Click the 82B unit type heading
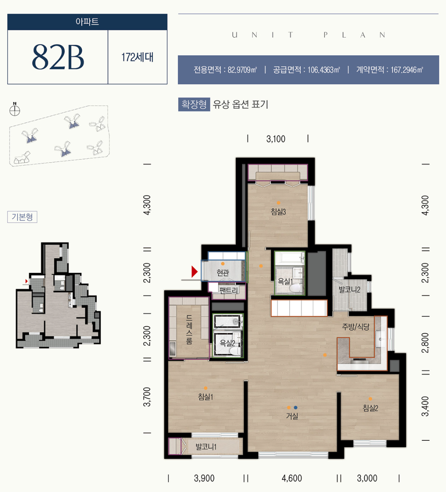[58, 57]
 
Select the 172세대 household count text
[137, 57]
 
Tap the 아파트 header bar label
[87, 22]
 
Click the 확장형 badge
[194, 104]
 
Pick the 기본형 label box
[22, 217]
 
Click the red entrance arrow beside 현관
[194, 271]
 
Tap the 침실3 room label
[278, 211]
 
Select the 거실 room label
[292, 416]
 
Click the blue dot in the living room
[296, 407]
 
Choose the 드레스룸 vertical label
[189, 330]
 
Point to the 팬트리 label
[229, 290]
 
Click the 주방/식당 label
[356, 327]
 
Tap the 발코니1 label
[206, 447]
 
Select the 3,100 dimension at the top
[276, 139]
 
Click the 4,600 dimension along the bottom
[292, 478]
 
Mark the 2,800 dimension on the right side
[425, 343]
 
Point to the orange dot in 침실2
[370, 399]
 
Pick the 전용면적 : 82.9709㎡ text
[225, 70]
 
